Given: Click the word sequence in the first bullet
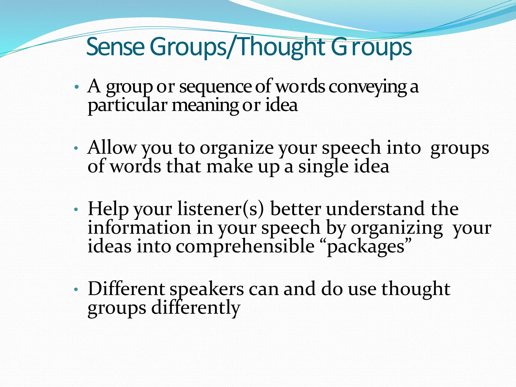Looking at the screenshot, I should [215, 87].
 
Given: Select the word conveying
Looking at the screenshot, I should [368, 87].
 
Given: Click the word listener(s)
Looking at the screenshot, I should [221, 209].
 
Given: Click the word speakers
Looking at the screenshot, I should [207, 289].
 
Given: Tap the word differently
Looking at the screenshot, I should [196, 308].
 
